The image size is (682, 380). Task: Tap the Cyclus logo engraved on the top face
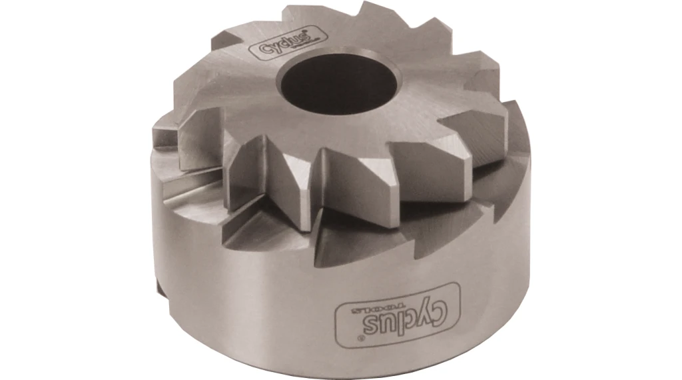(276, 47)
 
